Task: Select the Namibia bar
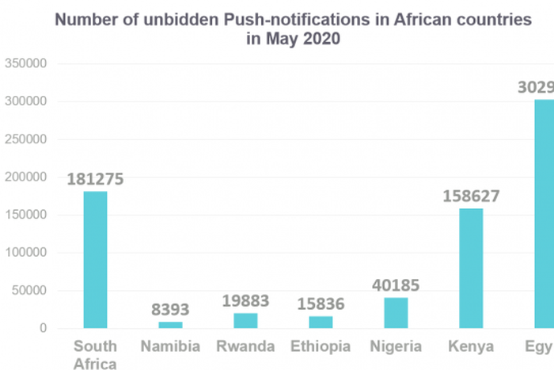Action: (170, 325)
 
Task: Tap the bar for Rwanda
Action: (245, 321)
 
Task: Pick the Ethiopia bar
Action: (321, 322)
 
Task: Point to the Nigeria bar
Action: (396, 313)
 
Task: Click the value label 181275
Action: (95, 180)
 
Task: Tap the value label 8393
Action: (170, 311)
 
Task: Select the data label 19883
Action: (245, 302)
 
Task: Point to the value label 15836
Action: (321, 304)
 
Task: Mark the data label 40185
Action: (396, 285)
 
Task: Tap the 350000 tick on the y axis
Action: (27, 64)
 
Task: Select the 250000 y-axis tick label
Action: (27, 139)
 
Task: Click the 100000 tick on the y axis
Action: (27, 253)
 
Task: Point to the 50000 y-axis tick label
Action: (30, 291)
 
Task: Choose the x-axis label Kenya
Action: (471, 346)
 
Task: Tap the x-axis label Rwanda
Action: (245, 346)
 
